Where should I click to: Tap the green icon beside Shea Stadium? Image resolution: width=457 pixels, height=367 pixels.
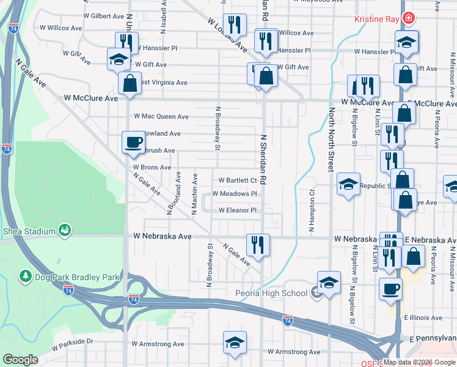point(63,230)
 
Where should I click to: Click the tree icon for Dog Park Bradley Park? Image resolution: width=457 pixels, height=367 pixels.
point(25,277)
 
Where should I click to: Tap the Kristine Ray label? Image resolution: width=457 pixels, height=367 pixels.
point(376,19)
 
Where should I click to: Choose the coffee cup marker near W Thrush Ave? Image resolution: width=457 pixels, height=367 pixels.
point(134,143)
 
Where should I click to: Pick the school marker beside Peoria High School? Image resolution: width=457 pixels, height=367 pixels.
point(329,283)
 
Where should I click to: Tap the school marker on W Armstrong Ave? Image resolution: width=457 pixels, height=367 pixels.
point(235,343)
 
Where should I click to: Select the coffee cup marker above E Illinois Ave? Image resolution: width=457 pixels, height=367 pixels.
point(390,289)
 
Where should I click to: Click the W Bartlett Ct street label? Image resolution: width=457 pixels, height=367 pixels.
point(238,180)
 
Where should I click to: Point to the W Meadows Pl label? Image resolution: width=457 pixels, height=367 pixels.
point(235,194)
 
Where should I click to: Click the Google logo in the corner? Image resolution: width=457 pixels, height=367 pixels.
point(20,360)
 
